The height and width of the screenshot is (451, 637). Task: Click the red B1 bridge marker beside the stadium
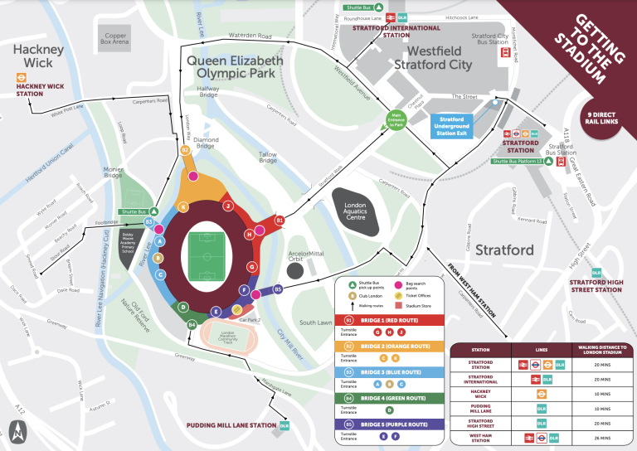coord(280,221)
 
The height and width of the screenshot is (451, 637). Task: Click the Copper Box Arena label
coord(114,40)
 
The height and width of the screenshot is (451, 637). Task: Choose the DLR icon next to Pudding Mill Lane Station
coord(284,425)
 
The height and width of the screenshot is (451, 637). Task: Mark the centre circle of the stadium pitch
coord(201,256)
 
